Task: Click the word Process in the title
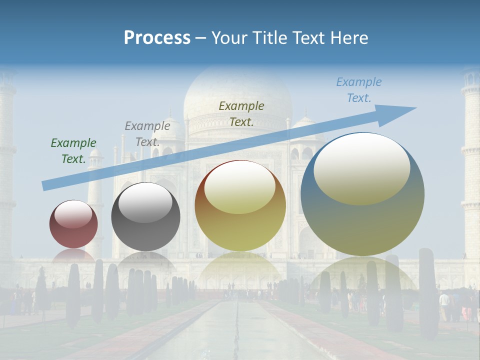tap(157, 38)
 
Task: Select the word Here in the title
tap(350, 38)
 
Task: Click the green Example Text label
tap(73, 151)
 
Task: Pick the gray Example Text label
tap(147, 134)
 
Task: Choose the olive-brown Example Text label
tap(241, 113)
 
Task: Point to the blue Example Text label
tap(359, 90)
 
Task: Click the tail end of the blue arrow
tap(45, 185)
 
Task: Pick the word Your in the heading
tap(228, 38)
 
